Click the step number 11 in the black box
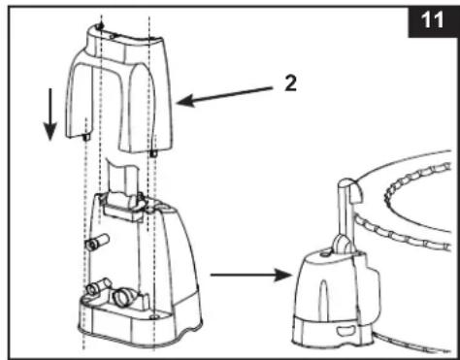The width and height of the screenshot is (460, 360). [x=432, y=19]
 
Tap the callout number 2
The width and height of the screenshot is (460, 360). [x=290, y=83]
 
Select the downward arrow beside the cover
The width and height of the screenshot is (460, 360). [x=50, y=115]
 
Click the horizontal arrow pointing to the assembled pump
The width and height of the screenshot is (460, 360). [x=251, y=275]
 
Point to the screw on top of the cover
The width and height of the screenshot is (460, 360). [x=101, y=26]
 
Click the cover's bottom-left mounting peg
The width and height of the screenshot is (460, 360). [x=86, y=138]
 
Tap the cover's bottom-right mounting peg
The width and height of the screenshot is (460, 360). [x=153, y=152]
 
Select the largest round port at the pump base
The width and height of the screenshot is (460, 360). [x=122, y=297]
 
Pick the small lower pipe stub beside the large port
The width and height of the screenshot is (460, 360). [x=98, y=286]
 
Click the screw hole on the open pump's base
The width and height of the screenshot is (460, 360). [x=153, y=316]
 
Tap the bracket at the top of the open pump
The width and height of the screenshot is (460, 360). [x=123, y=206]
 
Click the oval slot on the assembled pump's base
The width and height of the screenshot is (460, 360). [x=345, y=331]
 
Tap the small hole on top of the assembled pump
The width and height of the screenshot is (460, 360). [x=324, y=255]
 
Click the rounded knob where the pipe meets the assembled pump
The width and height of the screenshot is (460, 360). [x=341, y=244]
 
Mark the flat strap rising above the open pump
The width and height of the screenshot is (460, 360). [x=122, y=177]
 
